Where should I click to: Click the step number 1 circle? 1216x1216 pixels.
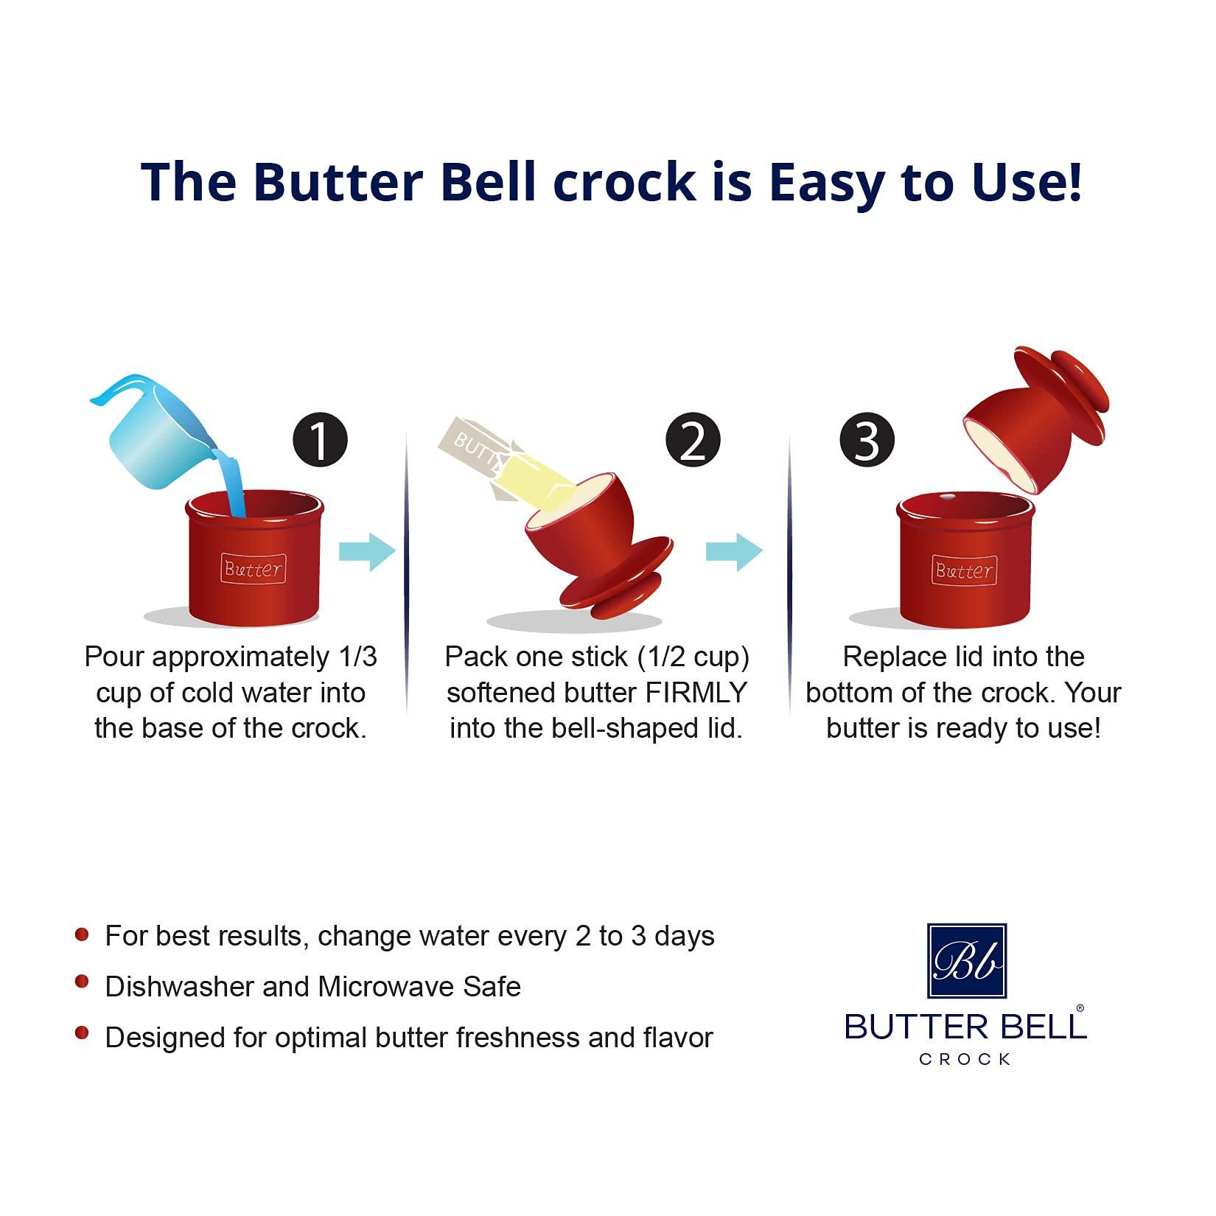pyautogui.click(x=320, y=440)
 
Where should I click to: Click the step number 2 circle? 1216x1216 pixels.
pyautogui.click(x=692, y=440)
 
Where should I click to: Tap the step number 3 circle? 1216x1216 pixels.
pyautogui.click(x=867, y=440)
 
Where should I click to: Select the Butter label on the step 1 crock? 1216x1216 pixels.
pyautogui.click(x=253, y=569)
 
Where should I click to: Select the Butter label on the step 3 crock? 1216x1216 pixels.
pyautogui.click(x=963, y=570)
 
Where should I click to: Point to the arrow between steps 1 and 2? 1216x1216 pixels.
pyautogui.click(x=367, y=551)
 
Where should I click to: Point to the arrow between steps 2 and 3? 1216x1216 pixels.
pyautogui.click(x=734, y=551)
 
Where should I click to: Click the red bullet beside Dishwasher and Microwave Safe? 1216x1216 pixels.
pyautogui.click(x=82, y=983)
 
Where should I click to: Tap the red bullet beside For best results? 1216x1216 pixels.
pyautogui.click(x=82, y=934)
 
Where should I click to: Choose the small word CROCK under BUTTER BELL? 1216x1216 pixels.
pyautogui.click(x=965, y=1060)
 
